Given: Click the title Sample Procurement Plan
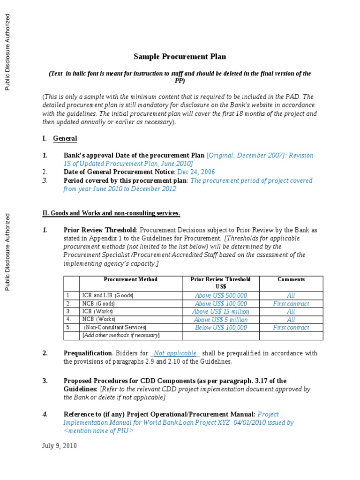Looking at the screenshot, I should [180, 57].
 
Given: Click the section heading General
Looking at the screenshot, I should [65, 138].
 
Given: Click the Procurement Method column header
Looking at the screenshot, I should [130, 279].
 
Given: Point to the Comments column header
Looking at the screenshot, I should [291, 279].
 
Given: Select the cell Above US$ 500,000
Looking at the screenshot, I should [220, 296].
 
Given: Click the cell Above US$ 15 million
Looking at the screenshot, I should [220, 312].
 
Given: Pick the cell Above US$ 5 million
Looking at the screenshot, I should [220, 320].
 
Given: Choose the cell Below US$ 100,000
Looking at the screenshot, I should [220, 328].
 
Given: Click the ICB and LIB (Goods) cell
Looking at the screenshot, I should [108, 296].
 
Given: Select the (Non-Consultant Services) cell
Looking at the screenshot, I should [115, 328].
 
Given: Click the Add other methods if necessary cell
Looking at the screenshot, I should [121, 335].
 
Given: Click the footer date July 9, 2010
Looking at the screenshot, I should [60, 446].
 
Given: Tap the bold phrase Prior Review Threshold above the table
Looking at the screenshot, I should [100, 230].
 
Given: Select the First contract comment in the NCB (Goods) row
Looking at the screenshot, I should [291, 304].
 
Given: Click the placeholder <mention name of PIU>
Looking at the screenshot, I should [98, 431].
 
